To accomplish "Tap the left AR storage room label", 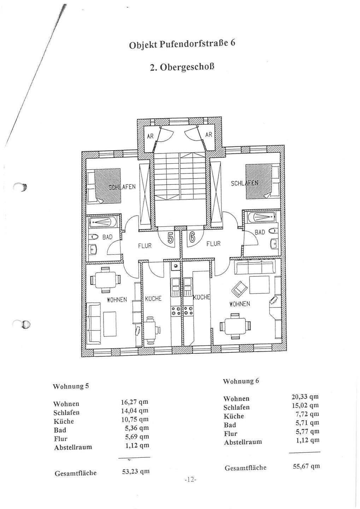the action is pyautogui.click(x=151, y=136).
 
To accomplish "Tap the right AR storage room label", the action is pyautogui.click(x=209, y=134).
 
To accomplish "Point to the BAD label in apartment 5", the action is pyautogui.click(x=107, y=237).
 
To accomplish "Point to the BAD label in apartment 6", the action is pyautogui.click(x=260, y=232).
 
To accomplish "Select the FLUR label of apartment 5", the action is pyautogui.click(x=145, y=245).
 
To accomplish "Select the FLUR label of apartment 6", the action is pyautogui.click(x=213, y=244).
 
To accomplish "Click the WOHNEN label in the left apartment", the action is pyautogui.click(x=117, y=299).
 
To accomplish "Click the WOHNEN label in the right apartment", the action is pyautogui.click(x=240, y=304).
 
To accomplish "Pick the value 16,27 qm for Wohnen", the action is pyautogui.click(x=134, y=402).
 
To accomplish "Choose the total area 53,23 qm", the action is pyautogui.click(x=136, y=471).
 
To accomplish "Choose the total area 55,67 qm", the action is pyautogui.click(x=306, y=466).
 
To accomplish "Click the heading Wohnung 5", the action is pyautogui.click(x=71, y=386).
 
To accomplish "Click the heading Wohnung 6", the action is pyautogui.click(x=241, y=381).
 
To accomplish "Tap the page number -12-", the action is pyautogui.click(x=190, y=480).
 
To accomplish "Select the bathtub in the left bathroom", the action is pyautogui.click(x=104, y=222).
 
